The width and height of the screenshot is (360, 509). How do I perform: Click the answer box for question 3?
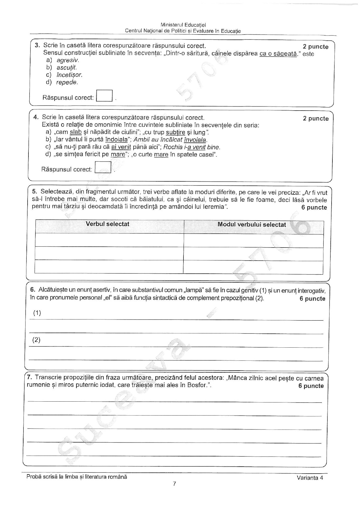point(104,96)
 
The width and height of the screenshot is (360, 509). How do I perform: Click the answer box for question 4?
point(103,167)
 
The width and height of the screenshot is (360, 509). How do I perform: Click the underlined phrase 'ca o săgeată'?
point(278,54)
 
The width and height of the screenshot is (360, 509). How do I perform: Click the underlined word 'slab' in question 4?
point(76,132)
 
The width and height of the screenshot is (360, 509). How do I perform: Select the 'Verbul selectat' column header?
point(107,224)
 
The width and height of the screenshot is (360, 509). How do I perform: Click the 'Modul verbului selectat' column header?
point(252,225)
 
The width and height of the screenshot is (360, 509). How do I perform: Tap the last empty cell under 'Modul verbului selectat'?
point(253,267)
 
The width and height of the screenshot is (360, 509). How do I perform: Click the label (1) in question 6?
point(37,313)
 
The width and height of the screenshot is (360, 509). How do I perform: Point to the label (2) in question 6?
point(36,340)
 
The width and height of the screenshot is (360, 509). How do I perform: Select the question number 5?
point(34,192)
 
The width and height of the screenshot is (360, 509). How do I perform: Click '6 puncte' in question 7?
point(311,386)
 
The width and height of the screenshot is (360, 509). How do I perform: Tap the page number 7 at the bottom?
point(174,484)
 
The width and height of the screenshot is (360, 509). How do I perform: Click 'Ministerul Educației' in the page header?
point(185,25)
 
